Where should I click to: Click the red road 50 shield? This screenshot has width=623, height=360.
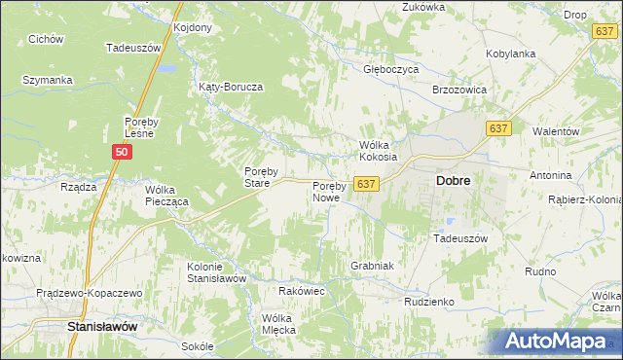(122, 153)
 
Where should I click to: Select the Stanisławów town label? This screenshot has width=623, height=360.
(100, 327)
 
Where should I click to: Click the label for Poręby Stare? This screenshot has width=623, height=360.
(256, 176)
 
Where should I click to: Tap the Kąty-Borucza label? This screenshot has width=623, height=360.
(231, 87)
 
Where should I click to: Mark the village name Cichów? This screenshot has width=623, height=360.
(46, 39)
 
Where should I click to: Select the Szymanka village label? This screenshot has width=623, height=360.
(48, 80)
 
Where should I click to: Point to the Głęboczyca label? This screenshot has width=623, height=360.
(391, 70)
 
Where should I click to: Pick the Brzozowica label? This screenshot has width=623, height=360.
(458, 89)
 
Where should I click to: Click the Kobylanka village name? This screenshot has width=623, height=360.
(511, 54)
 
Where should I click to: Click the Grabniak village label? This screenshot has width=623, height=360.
(371, 266)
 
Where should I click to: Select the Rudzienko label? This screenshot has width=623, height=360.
(429, 302)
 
